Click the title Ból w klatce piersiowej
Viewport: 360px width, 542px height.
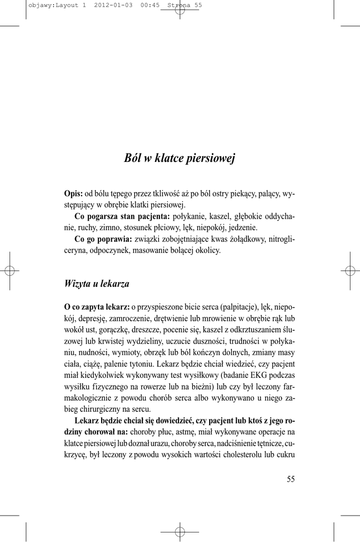[x=179, y=158]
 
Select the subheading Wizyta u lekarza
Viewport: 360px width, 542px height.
[x=97, y=284]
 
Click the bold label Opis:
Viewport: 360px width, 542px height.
[x=74, y=194]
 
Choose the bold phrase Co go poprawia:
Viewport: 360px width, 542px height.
[x=103, y=239]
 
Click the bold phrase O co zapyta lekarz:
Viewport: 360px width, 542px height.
[x=97, y=306]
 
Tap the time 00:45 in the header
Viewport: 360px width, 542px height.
[x=151, y=5]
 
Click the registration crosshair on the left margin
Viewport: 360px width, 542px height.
[x=10, y=270]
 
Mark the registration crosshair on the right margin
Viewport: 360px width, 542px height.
[x=349, y=270]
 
